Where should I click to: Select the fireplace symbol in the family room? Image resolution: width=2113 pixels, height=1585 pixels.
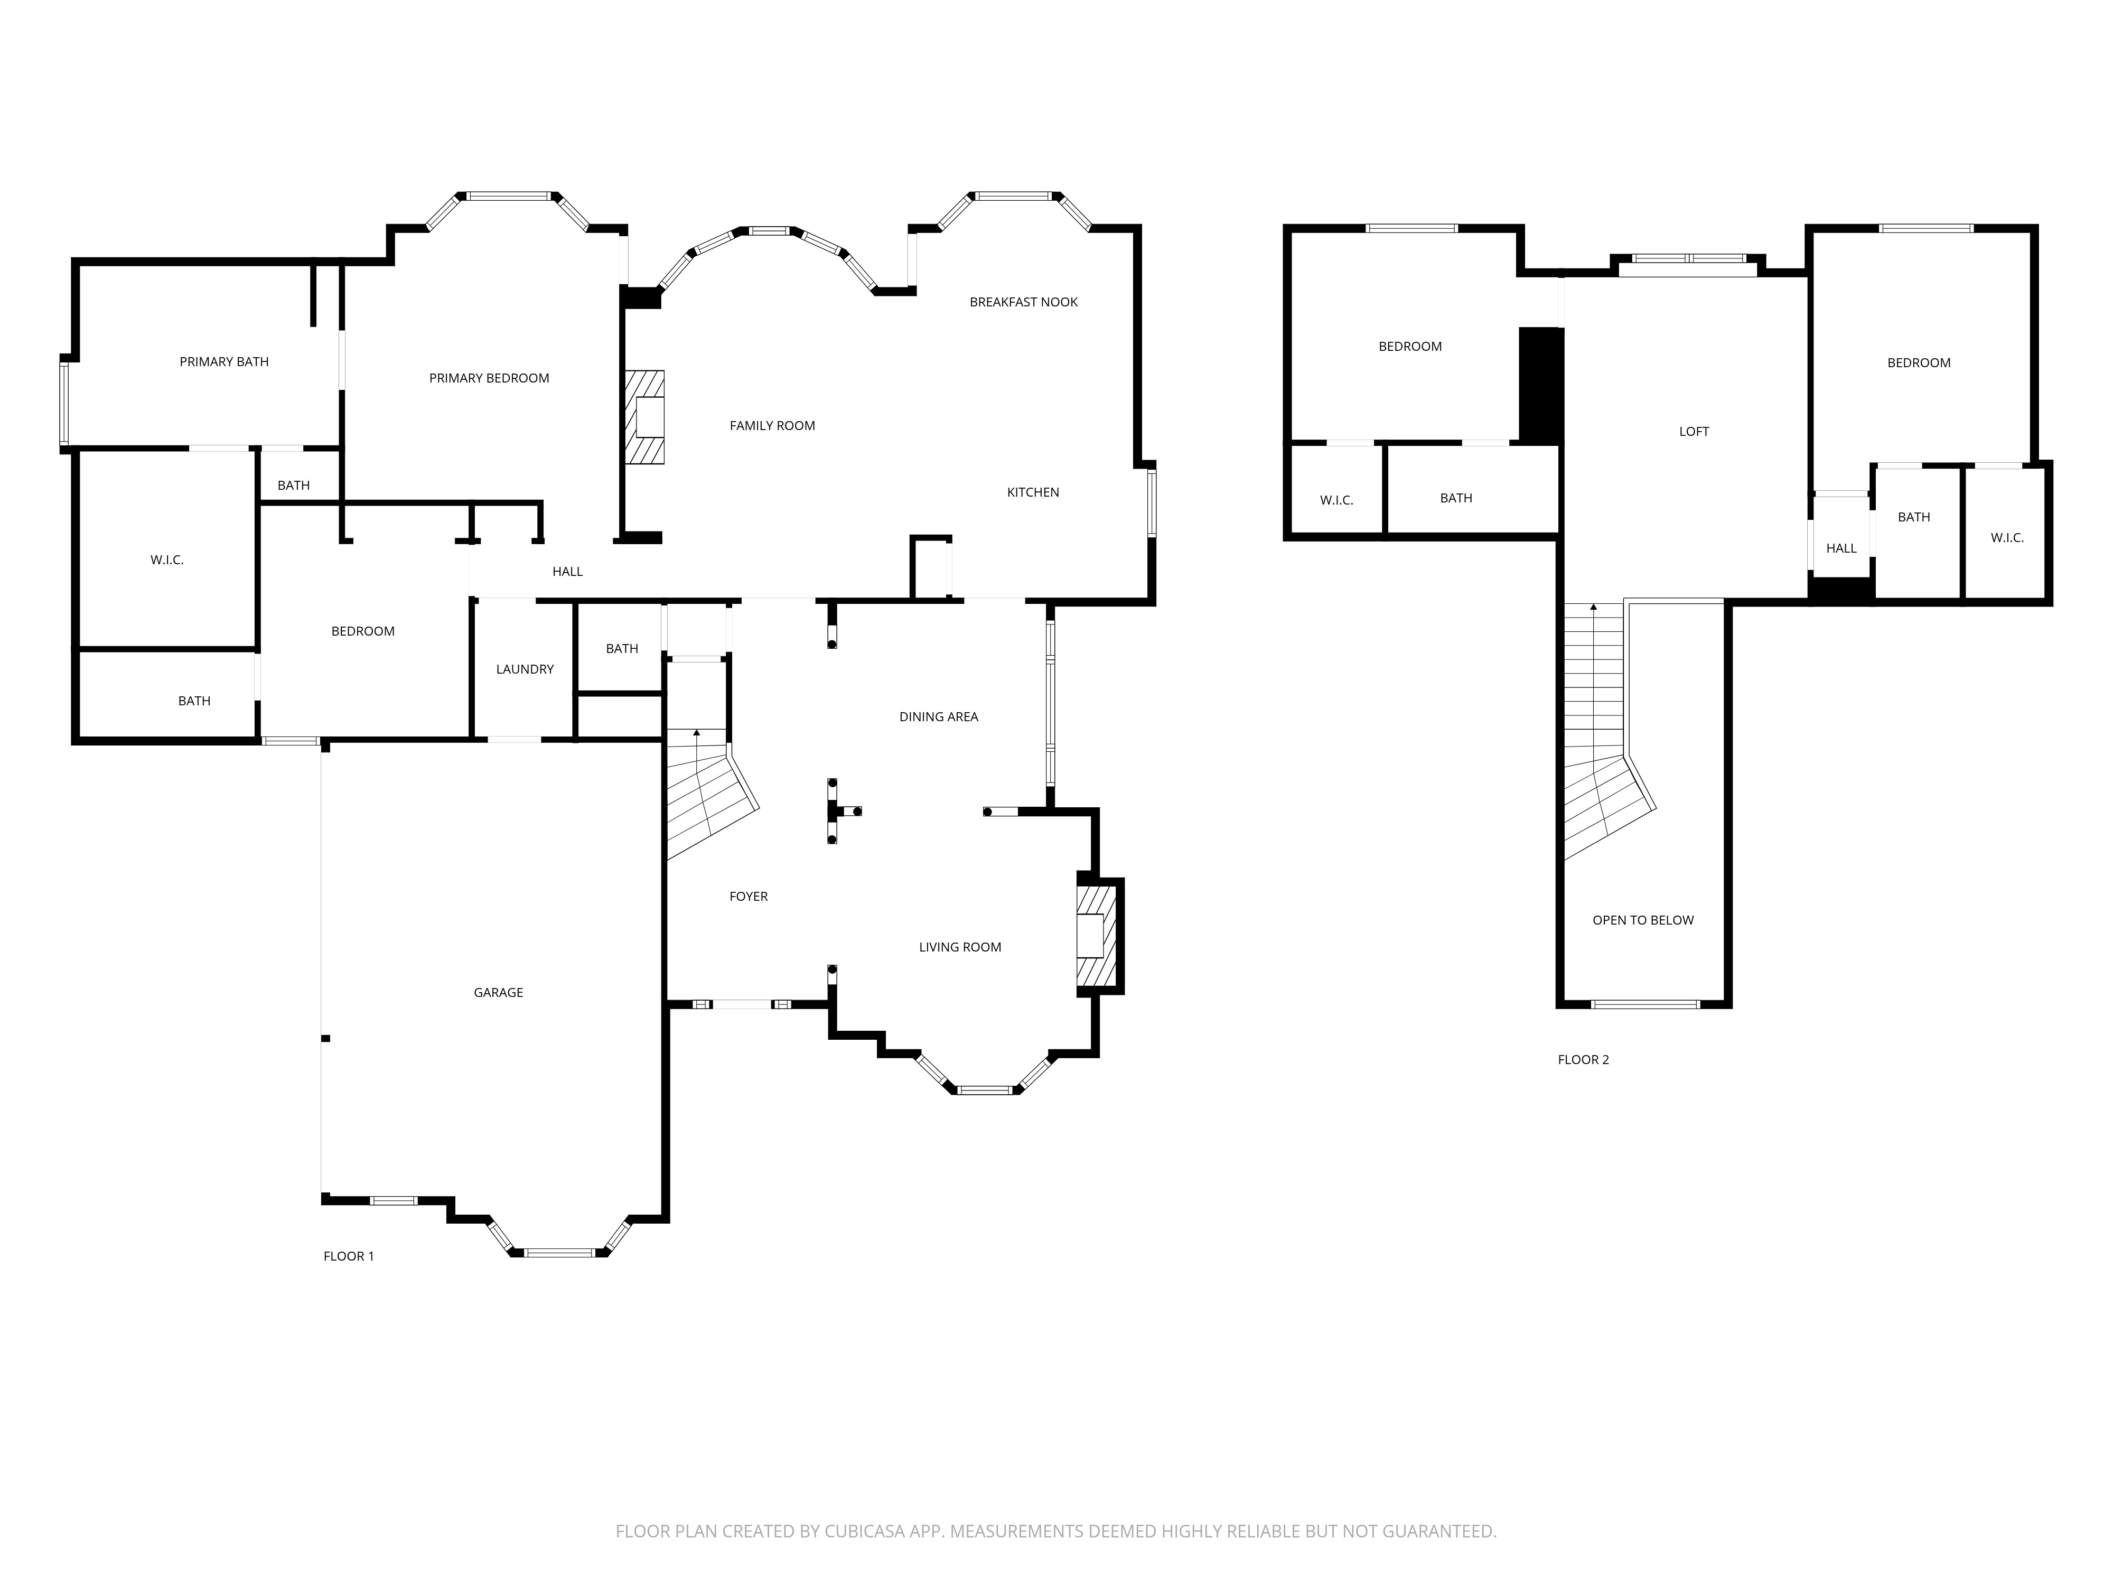tap(646, 417)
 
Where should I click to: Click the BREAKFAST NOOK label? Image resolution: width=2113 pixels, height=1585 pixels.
tap(1023, 302)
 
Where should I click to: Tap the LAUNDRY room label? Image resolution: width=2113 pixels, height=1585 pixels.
tap(525, 669)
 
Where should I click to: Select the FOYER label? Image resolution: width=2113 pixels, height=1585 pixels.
tap(748, 896)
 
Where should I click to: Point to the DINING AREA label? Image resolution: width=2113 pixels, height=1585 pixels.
tap(938, 716)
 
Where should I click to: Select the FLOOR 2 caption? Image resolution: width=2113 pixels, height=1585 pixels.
tap(1583, 1059)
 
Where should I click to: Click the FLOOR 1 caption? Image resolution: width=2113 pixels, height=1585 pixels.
tap(349, 1255)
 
